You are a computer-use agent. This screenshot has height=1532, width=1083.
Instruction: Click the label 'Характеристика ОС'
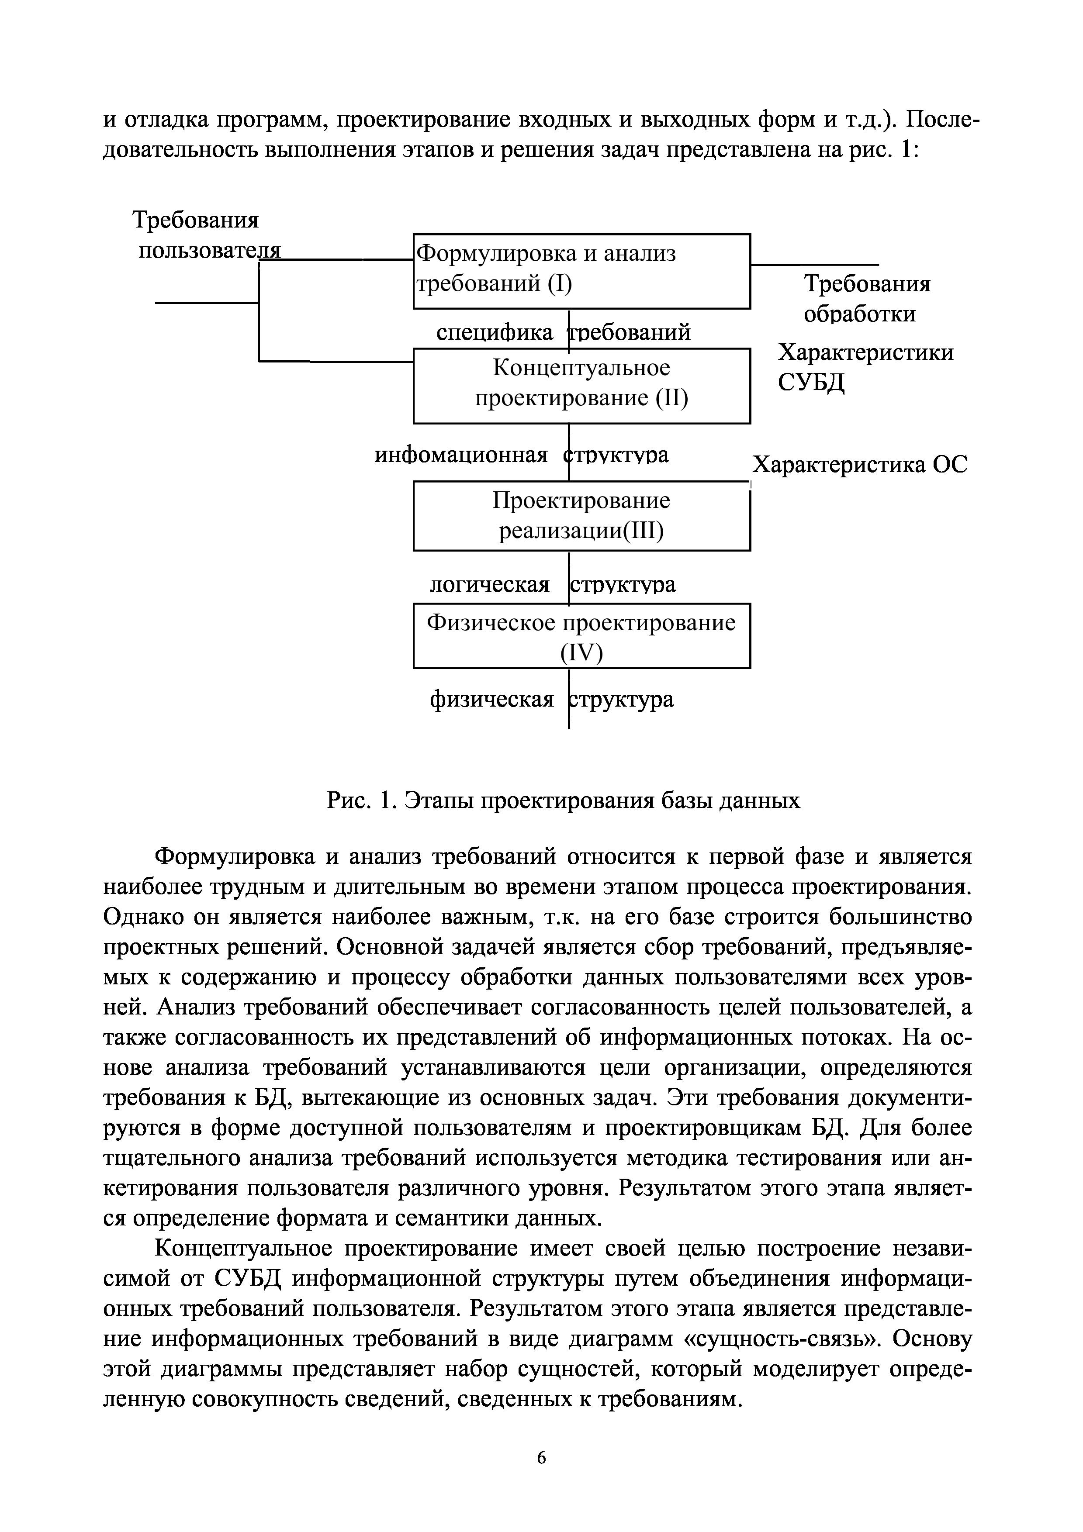tap(859, 464)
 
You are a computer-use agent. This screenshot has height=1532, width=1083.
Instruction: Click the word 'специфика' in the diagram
tap(495, 332)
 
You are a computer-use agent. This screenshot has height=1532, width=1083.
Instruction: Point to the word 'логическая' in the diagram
tap(489, 584)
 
